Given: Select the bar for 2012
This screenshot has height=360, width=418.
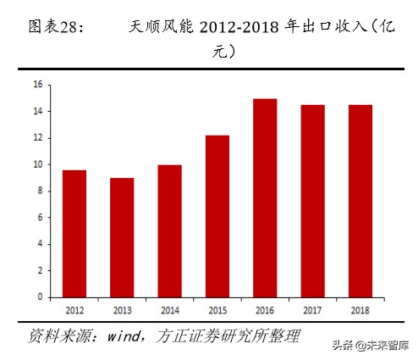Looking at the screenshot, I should pyautogui.click(x=74, y=233).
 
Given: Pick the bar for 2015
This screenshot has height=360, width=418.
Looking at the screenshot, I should pyautogui.click(x=217, y=216).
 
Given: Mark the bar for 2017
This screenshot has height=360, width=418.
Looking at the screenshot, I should pyautogui.click(x=312, y=201).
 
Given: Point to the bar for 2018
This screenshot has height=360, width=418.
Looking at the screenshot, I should pyautogui.click(x=360, y=201).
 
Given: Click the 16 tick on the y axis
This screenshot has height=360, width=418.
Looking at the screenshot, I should pyautogui.click(x=38, y=85).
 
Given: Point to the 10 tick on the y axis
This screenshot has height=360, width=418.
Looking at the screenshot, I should pyautogui.click(x=38, y=164).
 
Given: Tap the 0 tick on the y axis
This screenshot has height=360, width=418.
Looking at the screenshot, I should pyautogui.click(x=40, y=297).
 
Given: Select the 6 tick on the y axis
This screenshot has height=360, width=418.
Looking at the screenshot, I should pyautogui.click(x=40, y=218).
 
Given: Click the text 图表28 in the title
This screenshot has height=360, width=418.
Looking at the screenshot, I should pyautogui.click(x=56, y=28).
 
